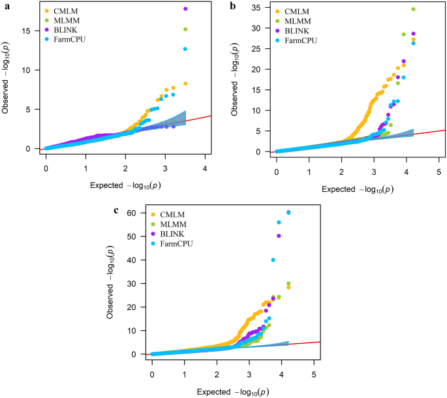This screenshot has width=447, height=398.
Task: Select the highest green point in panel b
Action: (x=413, y=9)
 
